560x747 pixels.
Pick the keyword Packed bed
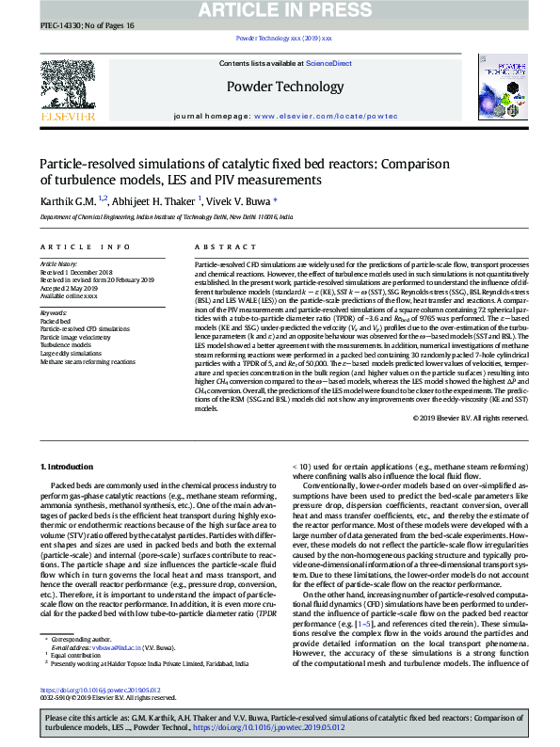coord(56,321)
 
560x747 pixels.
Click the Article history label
coord(59,265)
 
